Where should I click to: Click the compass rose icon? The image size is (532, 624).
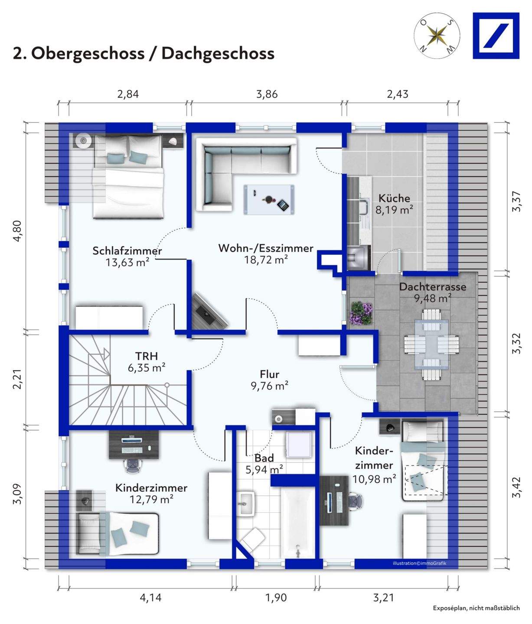(437, 36)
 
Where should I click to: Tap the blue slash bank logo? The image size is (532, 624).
(496, 36)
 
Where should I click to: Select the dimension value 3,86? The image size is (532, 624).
(267, 94)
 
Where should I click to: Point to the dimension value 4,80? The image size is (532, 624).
(17, 231)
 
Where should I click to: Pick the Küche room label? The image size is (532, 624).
(394, 198)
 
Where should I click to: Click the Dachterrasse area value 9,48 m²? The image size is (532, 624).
(433, 299)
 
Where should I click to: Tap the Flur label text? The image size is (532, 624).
(270, 374)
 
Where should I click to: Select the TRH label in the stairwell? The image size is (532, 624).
(147, 356)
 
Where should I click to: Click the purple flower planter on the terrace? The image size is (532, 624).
(361, 313)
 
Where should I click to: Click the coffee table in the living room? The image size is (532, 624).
(269, 200)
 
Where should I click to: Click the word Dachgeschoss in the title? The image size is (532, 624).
(218, 53)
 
